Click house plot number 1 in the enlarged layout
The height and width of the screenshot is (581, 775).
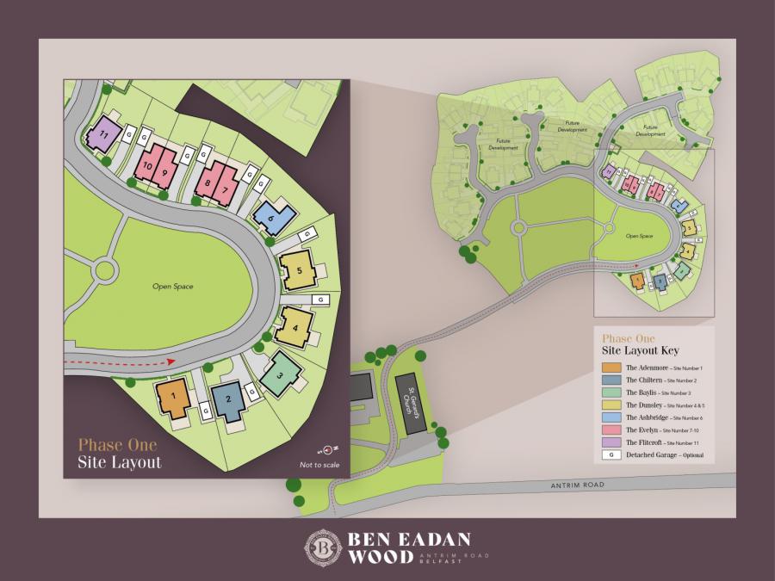pyautogui.click(x=173, y=397)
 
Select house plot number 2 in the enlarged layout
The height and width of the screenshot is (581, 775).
pyautogui.click(x=227, y=399)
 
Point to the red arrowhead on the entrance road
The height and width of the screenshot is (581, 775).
pyautogui.click(x=170, y=362)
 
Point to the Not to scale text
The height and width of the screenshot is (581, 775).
pyautogui.click(x=317, y=465)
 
